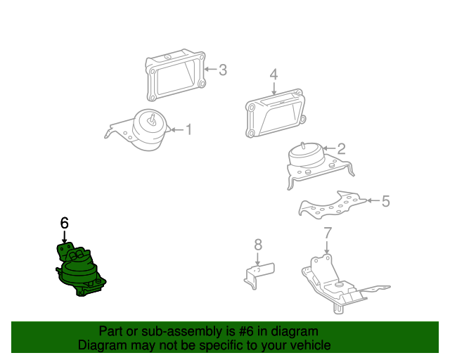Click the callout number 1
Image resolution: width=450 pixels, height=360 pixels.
coord(188,129)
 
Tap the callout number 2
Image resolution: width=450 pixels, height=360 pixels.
coord(341,149)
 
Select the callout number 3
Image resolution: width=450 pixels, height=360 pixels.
coord(222,70)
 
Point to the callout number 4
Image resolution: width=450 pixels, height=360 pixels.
coord(274,74)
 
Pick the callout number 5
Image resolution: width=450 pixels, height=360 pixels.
coord(385,201)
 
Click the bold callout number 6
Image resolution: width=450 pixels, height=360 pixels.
coord(64,223)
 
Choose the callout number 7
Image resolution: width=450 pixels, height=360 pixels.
coord(328,233)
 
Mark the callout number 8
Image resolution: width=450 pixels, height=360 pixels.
coord(258,244)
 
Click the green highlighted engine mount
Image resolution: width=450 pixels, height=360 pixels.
coord(78,270)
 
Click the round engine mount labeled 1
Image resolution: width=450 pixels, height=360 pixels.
coord(150,130)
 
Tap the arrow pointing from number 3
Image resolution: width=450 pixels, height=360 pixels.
coord(210,70)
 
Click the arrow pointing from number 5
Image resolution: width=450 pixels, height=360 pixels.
coord(373,201)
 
